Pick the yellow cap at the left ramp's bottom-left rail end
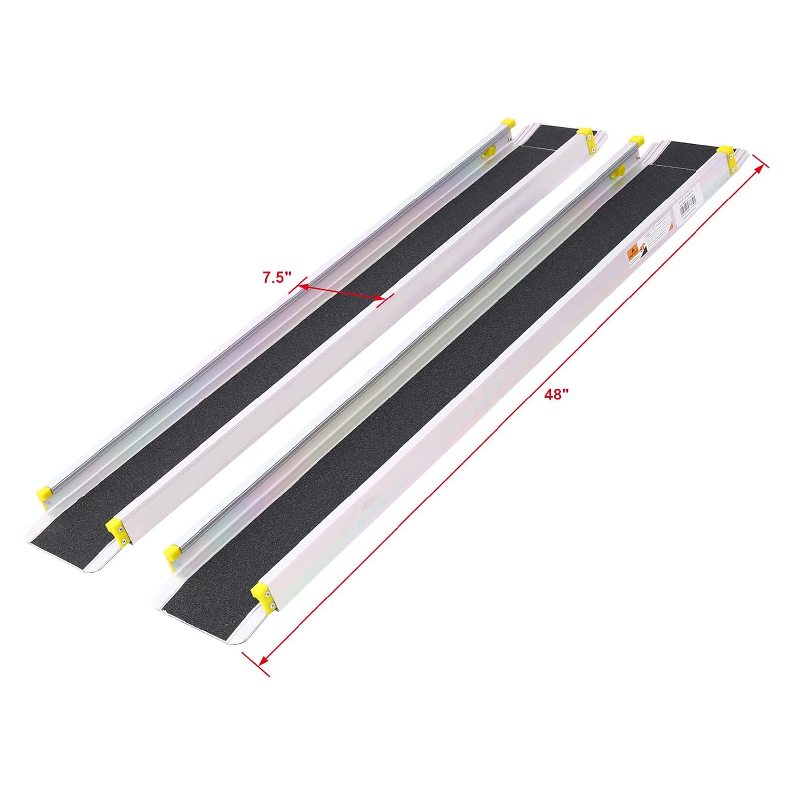44,495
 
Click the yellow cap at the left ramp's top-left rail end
508,123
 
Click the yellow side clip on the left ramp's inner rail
487,152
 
